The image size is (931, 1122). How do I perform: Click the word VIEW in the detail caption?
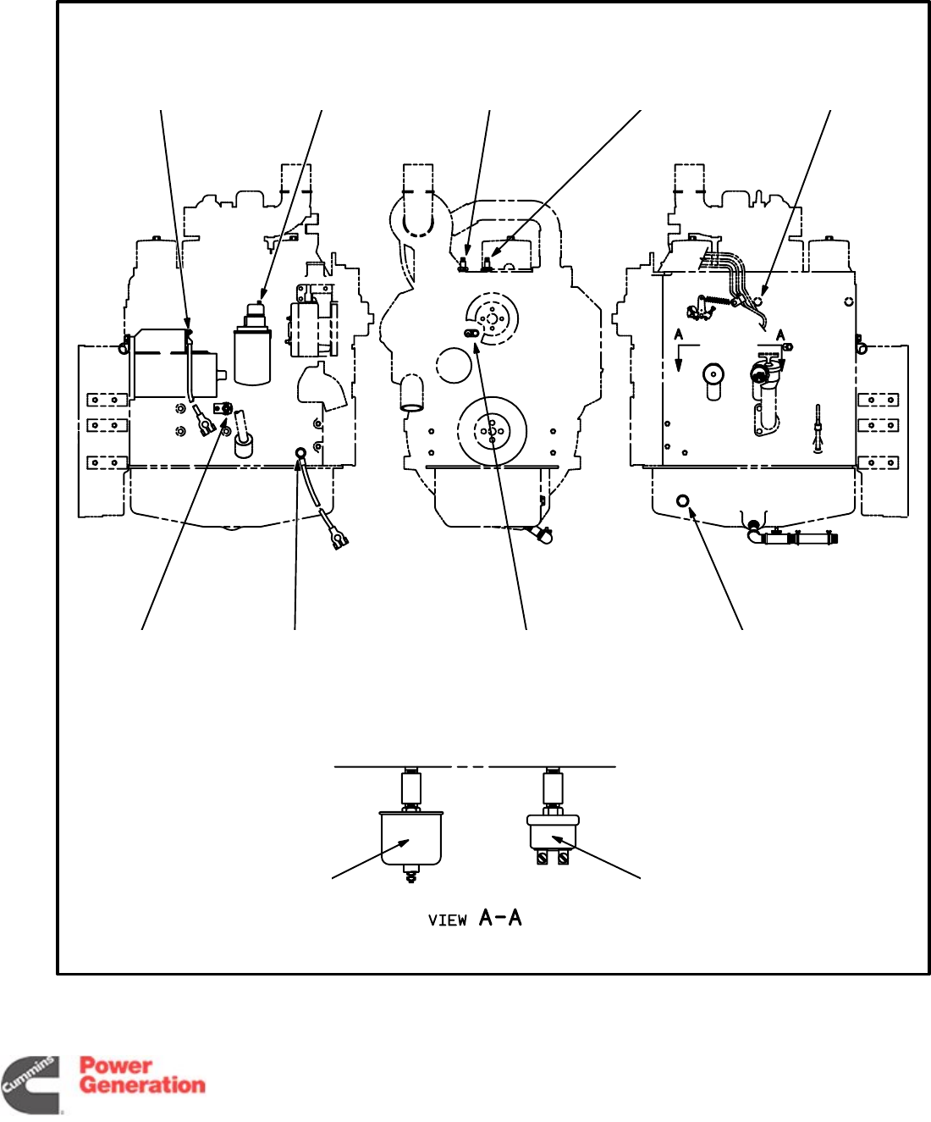click(x=447, y=920)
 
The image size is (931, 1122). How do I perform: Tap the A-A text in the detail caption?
click(x=500, y=917)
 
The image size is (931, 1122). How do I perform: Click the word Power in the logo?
click(x=116, y=1065)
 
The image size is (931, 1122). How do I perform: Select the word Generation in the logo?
click(x=142, y=1085)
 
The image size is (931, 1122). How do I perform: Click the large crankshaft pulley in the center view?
click(x=492, y=431)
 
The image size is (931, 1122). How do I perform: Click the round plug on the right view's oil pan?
click(x=683, y=501)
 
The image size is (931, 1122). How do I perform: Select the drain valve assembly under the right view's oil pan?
click(x=791, y=537)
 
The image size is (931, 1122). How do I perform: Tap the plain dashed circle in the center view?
click(x=454, y=365)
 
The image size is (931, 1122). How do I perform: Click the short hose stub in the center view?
click(x=411, y=395)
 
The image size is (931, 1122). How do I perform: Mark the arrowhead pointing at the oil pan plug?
click(x=694, y=512)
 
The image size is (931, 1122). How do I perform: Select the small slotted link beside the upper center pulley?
click(x=471, y=334)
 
